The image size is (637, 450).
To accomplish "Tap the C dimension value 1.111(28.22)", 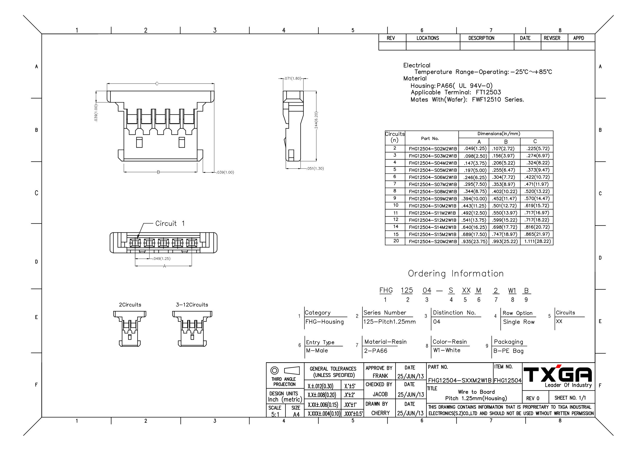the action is pyautogui.click(x=537, y=241).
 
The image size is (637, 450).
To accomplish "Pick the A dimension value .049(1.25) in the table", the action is pyautogui.click(x=475, y=149).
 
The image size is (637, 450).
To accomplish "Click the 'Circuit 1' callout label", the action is pyautogui.click(x=170, y=223).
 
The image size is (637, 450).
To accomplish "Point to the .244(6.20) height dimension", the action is pyautogui.click(x=316, y=120).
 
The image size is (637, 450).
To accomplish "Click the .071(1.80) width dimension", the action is pyautogui.click(x=293, y=79).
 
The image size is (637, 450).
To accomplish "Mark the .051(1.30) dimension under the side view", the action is pyautogui.click(x=315, y=168).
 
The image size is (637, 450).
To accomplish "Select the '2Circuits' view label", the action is pyautogui.click(x=130, y=305).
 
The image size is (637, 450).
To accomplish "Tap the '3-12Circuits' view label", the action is pyautogui.click(x=192, y=305).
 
